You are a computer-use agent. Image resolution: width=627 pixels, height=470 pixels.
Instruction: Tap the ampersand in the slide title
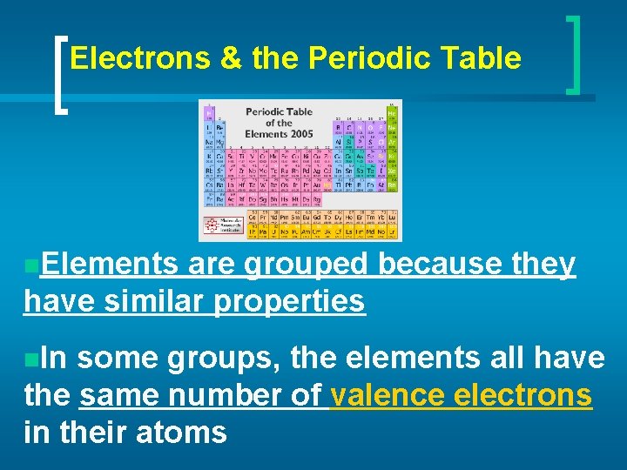pos(232,58)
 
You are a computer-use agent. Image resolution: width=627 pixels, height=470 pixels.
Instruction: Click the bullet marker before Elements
pos(30,264)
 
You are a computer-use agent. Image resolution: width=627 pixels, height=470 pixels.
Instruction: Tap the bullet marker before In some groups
pos(30,359)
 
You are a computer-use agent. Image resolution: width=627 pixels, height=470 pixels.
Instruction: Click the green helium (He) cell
pos(392,111)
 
